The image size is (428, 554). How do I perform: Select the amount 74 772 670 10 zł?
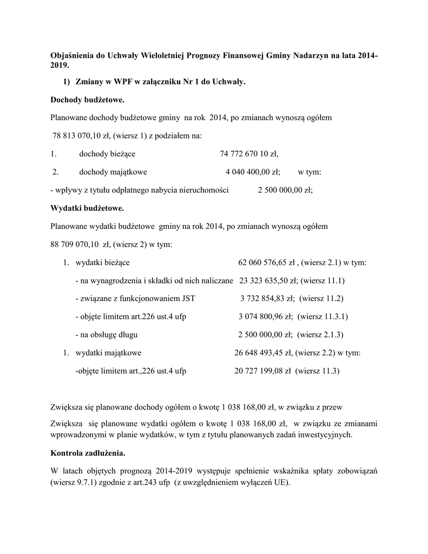click(249, 154)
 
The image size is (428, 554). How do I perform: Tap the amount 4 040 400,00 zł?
click(252, 172)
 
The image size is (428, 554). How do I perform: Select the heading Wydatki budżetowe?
click(87, 208)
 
